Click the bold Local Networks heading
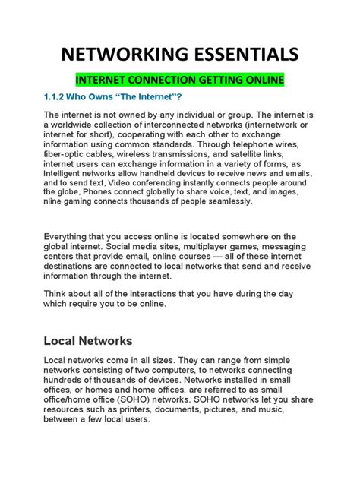click(89, 341)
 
